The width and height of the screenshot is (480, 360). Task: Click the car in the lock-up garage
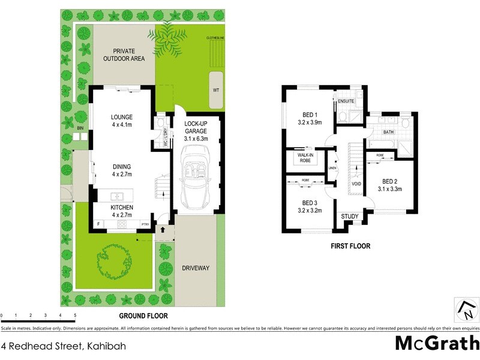(x=196, y=180)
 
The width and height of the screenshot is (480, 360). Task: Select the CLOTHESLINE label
(x=215, y=37)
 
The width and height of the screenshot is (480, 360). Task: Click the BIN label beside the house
(x=80, y=128)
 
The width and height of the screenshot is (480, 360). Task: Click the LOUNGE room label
(x=122, y=117)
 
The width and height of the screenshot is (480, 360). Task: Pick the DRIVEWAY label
(x=196, y=268)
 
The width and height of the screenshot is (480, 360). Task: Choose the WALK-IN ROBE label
(x=304, y=158)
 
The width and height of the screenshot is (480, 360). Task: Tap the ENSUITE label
(x=346, y=101)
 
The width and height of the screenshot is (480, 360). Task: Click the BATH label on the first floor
(x=388, y=132)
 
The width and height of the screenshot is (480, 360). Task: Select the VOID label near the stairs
(x=356, y=184)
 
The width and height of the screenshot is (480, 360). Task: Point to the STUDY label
(x=349, y=217)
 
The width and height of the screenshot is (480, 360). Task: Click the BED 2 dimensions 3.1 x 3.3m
(x=389, y=189)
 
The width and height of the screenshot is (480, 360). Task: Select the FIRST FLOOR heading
(x=351, y=246)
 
